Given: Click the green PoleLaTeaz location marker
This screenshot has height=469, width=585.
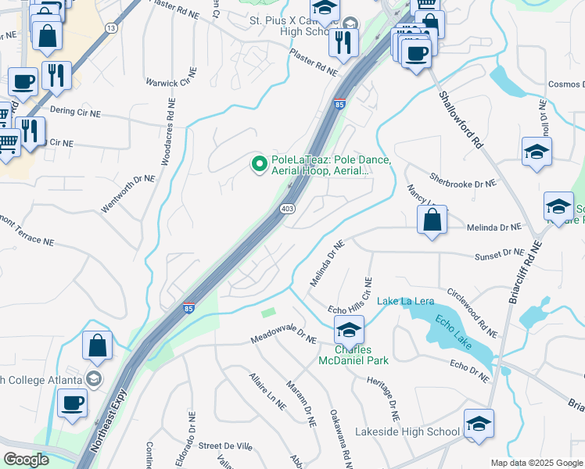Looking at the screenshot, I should pyautogui.click(x=260, y=163).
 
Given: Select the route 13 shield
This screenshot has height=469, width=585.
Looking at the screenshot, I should pyautogui.click(x=111, y=28).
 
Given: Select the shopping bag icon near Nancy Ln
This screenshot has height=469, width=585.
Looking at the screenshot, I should pyautogui.click(x=432, y=221).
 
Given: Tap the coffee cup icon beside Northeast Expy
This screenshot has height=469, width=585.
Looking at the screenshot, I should pyautogui.click(x=73, y=403).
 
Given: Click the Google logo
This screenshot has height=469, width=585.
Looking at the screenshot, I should pyautogui.click(x=26, y=460).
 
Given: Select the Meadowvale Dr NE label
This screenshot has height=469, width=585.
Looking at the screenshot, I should pyautogui.click(x=283, y=340).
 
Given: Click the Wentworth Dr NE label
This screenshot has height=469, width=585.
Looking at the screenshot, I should pyautogui.click(x=128, y=195).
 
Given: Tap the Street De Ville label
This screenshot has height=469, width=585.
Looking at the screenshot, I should pyautogui.click(x=222, y=446).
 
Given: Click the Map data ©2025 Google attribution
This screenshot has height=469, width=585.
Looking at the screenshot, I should pyautogui.click(x=536, y=463).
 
